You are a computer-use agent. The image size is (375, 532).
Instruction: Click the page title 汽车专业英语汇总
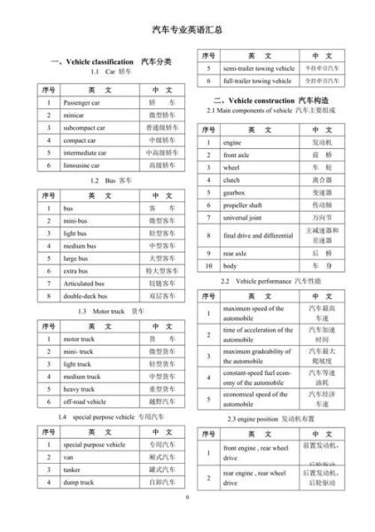point(186,29)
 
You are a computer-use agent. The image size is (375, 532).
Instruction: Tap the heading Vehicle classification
point(102,61)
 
